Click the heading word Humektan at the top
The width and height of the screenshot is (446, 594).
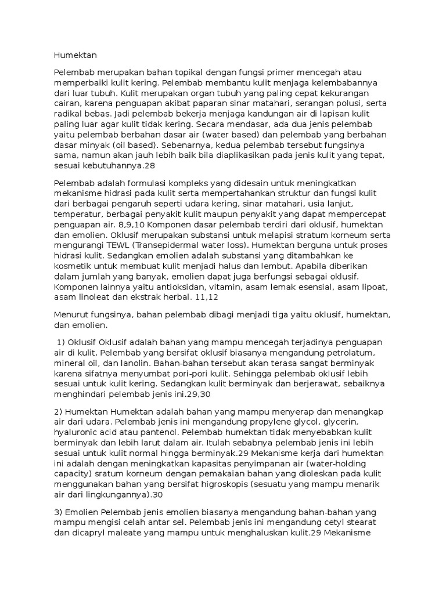75,56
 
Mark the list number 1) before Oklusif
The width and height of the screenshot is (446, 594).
63,342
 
